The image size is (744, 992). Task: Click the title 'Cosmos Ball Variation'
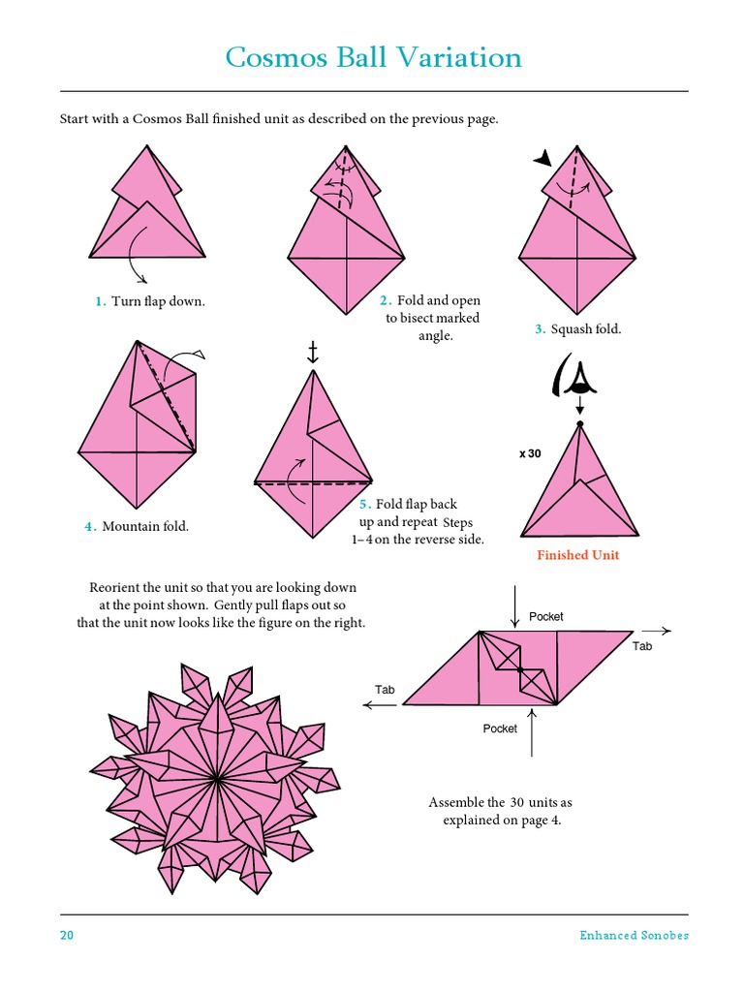pyautogui.click(x=373, y=58)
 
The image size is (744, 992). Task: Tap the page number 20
pyautogui.click(x=66, y=935)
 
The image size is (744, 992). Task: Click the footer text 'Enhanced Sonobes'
pyautogui.click(x=634, y=935)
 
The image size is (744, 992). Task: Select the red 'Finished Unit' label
pyautogui.click(x=577, y=555)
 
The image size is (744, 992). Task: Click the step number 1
pyautogui.click(x=100, y=301)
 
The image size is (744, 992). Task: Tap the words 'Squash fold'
pyautogui.click(x=585, y=329)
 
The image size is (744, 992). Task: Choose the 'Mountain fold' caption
pyautogui.click(x=145, y=526)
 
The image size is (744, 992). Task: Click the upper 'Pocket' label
pyautogui.click(x=545, y=616)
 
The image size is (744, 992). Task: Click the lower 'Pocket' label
pyautogui.click(x=500, y=728)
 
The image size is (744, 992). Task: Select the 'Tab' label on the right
pyautogui.click(x=642, y=646)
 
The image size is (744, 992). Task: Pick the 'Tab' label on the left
pyautogui.click(x=386, y=690)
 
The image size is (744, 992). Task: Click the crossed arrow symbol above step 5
pyautogui.click(x=312, y=353)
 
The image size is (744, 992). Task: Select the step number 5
pyautogui.click(x=364, y=505)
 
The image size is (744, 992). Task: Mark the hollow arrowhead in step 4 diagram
pyautogui.click(x=200, y=355)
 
